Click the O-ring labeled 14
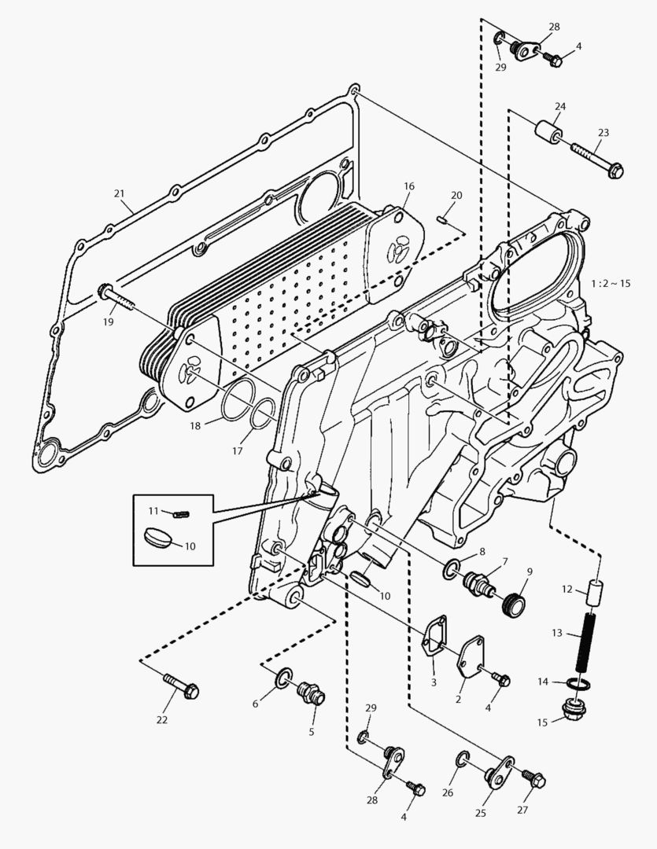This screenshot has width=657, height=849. tap(579, 684)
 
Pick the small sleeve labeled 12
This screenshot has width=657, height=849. tap(594, 590)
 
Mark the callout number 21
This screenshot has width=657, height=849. tap(119, 193)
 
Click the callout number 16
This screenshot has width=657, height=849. tap(408, 186)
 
